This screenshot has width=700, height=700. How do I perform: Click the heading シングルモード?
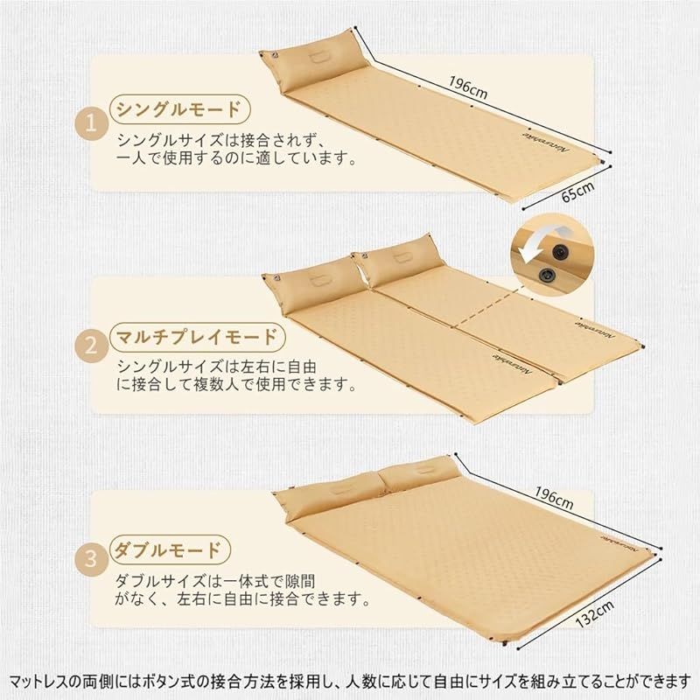pos(179,110)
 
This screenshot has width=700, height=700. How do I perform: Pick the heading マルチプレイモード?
pos(198,336)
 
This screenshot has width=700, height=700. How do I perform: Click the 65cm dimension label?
pos(578,192)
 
